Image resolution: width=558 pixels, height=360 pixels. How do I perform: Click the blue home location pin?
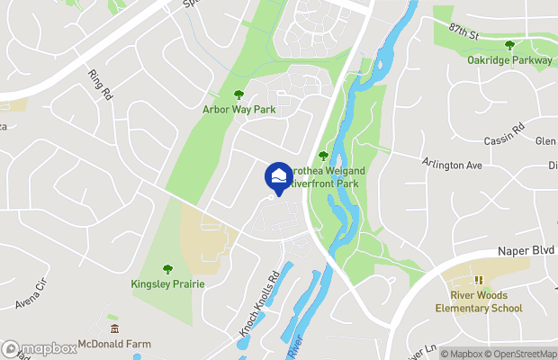[x=279, y=175]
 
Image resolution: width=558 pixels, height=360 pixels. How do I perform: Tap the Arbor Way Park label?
[x=238, y=110]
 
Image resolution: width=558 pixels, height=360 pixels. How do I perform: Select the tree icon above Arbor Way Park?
[x=238, y=94]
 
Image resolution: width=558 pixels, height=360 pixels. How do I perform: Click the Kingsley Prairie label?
[x=167, y=283]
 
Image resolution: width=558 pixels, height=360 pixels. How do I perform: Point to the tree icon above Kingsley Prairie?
[x=167, y=268]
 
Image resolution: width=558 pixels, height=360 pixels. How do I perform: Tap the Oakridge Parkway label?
[x=509, y=60]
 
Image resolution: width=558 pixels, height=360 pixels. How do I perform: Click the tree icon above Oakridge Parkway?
[x=509, y=45]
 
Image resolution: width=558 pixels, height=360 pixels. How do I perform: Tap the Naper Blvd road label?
[x=526, y=255]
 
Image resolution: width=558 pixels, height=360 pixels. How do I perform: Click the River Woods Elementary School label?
[x=486, y=301]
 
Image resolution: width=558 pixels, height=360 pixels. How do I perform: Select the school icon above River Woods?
[x=479, y=280]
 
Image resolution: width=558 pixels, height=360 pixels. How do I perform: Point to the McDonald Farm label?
[x=113, y=344]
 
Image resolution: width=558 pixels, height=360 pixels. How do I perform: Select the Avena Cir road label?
[x=29, y=297]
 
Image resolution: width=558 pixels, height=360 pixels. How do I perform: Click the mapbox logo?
[x=40, y=348]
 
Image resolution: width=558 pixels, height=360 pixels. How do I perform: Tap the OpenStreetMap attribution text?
[x=520, y=354]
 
